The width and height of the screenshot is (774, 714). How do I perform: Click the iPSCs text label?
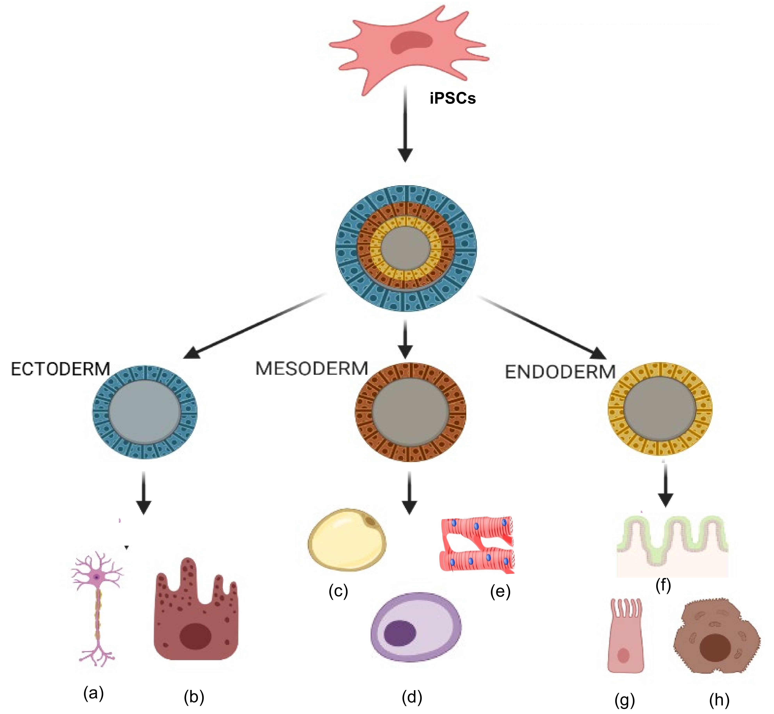point(453,99)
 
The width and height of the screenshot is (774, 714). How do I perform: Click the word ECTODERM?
point(61,369)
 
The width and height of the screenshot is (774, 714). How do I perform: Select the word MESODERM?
point(312,368)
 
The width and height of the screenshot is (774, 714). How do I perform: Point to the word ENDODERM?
point(560,372)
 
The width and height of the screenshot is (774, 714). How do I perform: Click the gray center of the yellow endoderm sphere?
point(660,409)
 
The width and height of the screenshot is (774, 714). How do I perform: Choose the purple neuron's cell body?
point(96,577)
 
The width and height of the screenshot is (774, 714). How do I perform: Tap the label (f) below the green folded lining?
point(663,585)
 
